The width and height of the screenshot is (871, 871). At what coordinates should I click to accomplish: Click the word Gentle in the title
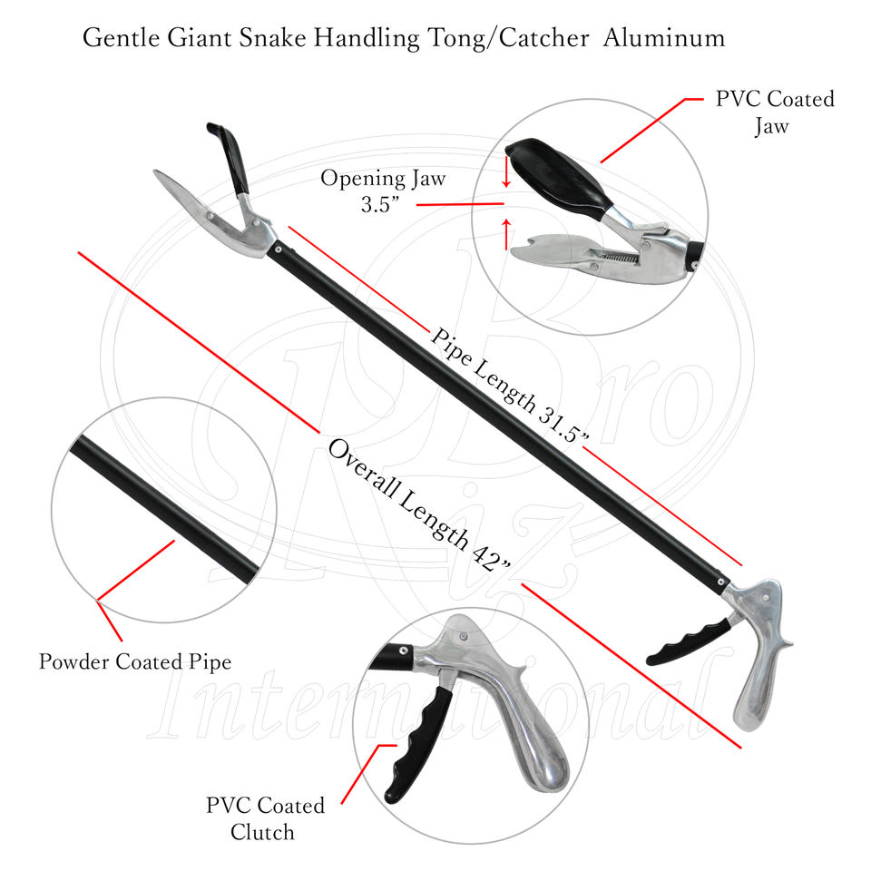[114, 39]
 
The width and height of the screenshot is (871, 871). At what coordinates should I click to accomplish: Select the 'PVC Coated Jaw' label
[774, 112]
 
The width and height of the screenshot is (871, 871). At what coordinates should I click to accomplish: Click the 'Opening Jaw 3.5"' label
[382, 191]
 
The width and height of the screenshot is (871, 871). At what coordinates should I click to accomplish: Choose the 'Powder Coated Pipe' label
[134, 661]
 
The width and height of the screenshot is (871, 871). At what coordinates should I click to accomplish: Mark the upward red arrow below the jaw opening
[506, 231]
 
